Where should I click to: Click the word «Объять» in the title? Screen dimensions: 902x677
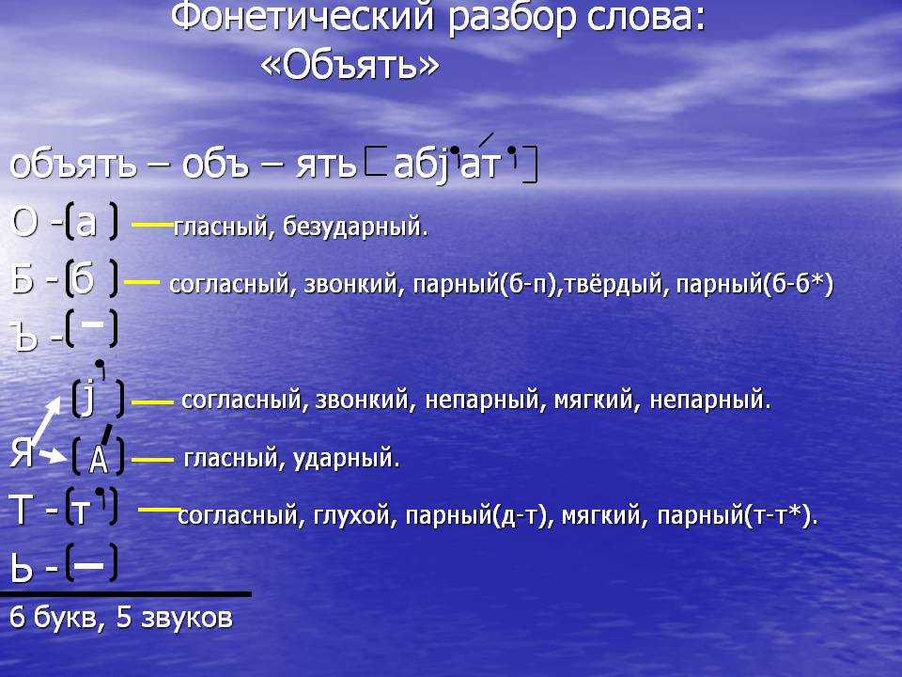(x=350, y=66)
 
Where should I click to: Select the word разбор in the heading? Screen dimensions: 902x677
(x=512, y=19)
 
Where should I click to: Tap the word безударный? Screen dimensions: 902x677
(x=355, y=227)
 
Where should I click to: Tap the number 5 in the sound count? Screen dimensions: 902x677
(x=124, y=617)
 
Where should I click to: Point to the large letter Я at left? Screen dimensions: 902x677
(x=22, y=452)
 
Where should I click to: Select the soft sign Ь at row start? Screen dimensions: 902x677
(x=22, y=568)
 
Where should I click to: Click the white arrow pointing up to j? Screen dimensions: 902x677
(x=45, y=421)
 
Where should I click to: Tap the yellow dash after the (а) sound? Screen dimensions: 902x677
(x=152, y=224)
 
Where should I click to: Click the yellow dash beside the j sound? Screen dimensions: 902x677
(x=152, y=402)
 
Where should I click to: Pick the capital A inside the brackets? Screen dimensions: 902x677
(x=99, y=459)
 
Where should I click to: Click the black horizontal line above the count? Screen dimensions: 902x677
(x=125, y=593)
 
